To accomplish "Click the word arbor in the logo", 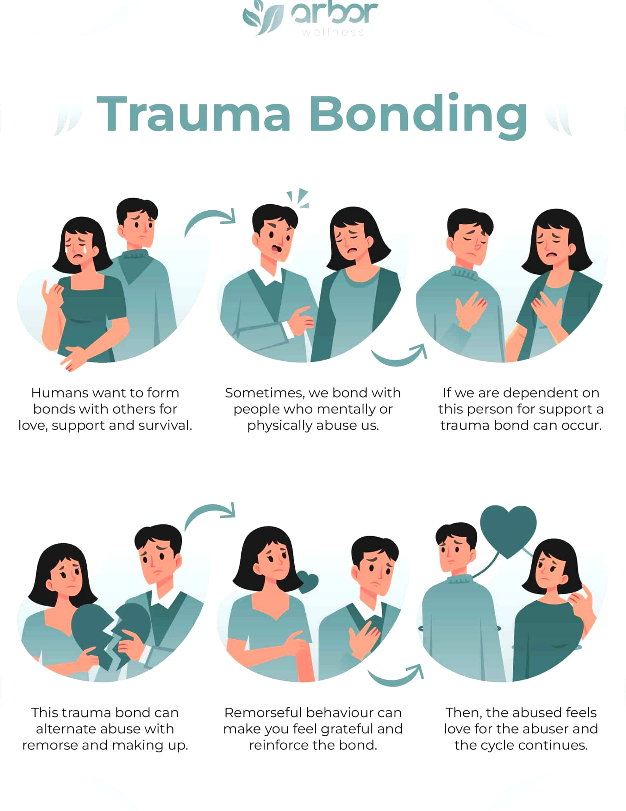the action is pyautogui.click(x=334, y=13).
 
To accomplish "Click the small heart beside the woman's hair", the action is pyautogui.click(x=308, y=582).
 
